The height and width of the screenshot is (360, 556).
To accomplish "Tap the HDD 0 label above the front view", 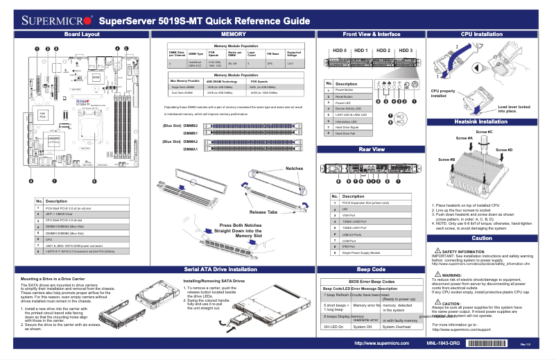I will (339, 51).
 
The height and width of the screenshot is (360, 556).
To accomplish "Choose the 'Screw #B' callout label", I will (446, 160).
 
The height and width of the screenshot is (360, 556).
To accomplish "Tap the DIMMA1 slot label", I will (191, 149).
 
